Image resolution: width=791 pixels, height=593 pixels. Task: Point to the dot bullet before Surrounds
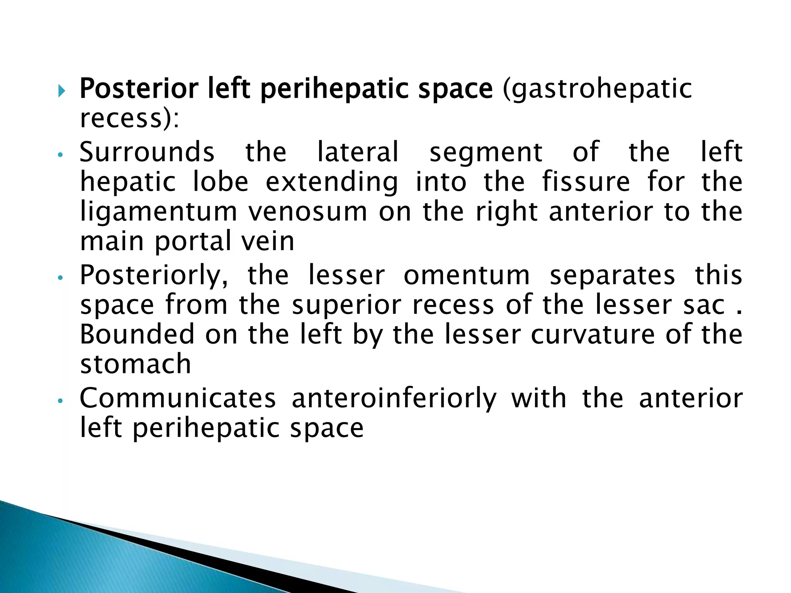pyautogui.click(x=59, y=155)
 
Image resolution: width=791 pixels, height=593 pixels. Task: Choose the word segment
pyautogui.click(x=486, y=153)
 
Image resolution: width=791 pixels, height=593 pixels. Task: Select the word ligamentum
pyautogui.click(x=158, y=212)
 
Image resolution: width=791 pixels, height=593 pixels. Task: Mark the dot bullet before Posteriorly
pyautogui.click(x=59, y=278)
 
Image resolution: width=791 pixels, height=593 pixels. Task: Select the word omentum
pyautogui.click(x=467, y=276)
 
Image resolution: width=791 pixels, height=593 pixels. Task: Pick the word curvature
pyautogui.click(x=593, y=334)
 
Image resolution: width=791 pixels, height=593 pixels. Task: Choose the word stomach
pyautogui.click(x=136, y=364)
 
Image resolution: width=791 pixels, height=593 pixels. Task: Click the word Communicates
pyautogui.click(x=178, y=398)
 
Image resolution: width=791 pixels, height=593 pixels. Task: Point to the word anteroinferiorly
pyautogui.click(x=394, y=399)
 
